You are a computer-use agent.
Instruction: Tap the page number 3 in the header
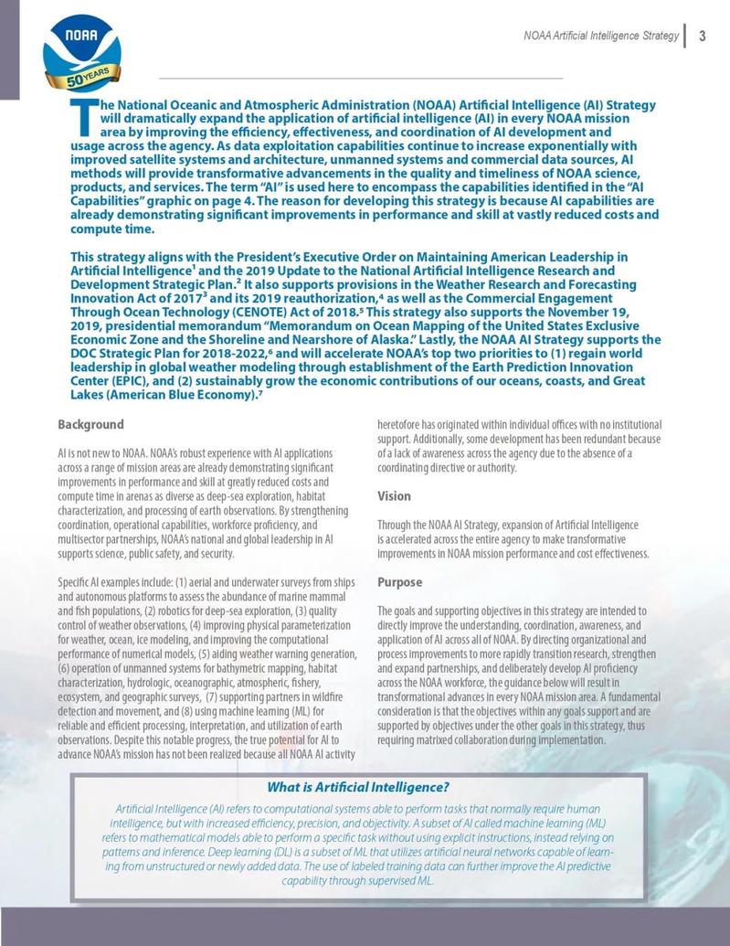point(702,36)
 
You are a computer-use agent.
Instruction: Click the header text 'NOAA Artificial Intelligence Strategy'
point(600,37)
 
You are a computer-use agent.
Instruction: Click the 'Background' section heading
point(90,425)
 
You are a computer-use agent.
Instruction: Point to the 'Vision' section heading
point(394,496)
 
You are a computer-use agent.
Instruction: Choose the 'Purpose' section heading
point(399,582)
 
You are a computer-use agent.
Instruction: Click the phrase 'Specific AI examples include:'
point(113,582)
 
